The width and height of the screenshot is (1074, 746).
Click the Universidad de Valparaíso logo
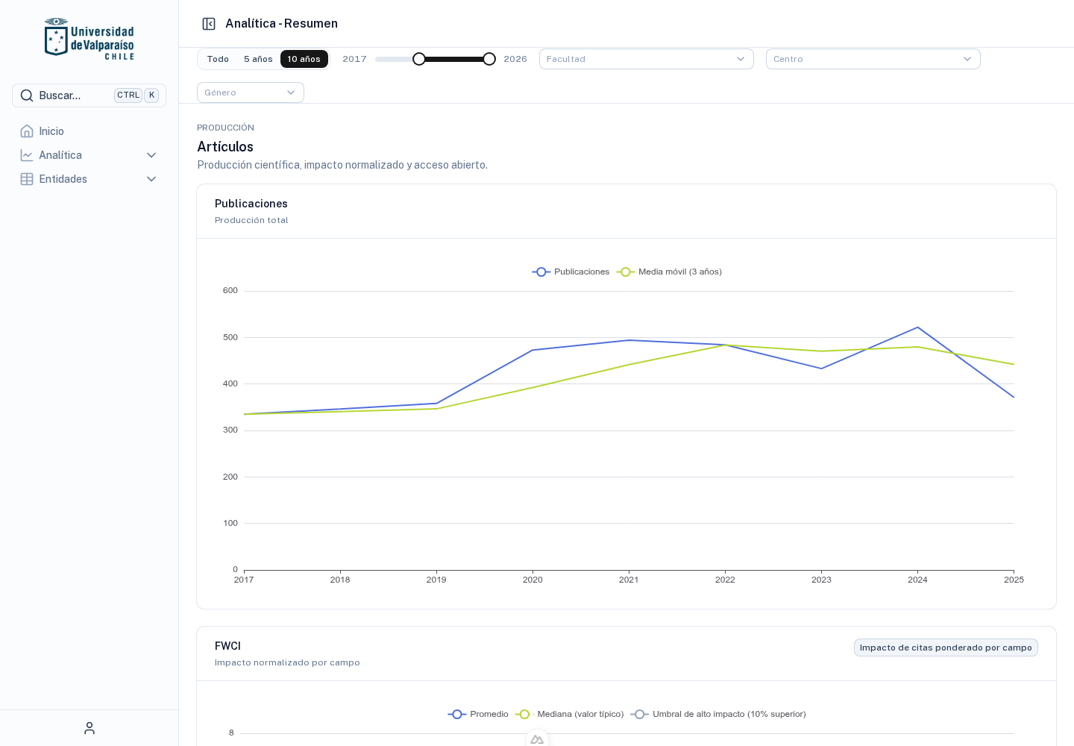pyautogui.click(x=89, y=39)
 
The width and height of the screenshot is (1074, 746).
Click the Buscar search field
pyautogui.click(x=89, y=95)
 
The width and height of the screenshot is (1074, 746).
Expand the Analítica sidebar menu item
pyautogui.click(x=89, y=155)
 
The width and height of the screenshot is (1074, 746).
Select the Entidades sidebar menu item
pyautogui.click(x=89, y=179)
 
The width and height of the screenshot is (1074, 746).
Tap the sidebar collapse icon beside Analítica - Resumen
pyautogui.click(x=209, y=23)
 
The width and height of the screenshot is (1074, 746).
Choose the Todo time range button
pyautogui.click(x=218, y=59)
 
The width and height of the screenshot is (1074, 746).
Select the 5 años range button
pyautogui.click(x=258, y=59)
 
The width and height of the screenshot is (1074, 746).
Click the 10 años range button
pyautogui.click(x=304, y=59)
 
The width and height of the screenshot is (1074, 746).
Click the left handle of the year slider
pyautogui.click(x=419, y=59)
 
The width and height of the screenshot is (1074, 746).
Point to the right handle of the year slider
pyautogui.click(x=489, y=59)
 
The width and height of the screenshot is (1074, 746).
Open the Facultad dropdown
pyautogui.click(x=647, y=59)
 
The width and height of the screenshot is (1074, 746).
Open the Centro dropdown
pyautogui.click(x=873, y=59)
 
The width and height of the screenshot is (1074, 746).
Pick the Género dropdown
pyautogui.click(x=251, y=93)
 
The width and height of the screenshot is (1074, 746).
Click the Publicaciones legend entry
pyautogui.click(x=571, y=272)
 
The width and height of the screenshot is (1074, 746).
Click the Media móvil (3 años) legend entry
pyautogui.click(x=669, y=272)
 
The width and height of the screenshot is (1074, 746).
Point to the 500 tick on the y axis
pyautogui.click(x=230, y=337)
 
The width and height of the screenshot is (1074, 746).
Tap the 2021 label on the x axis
pyautogui.click(x=629, y=580)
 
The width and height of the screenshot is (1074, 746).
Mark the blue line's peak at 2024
pyautogui.click(x=917, y=327)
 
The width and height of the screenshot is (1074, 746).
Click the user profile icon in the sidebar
pyautogui.click(x=89, y=728)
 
